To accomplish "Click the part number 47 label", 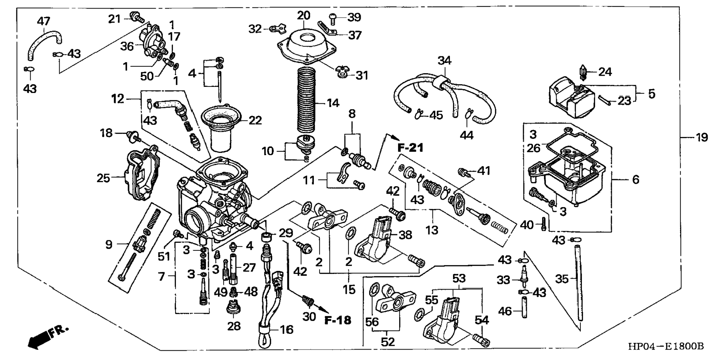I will (x=43, y=21).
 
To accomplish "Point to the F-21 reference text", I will (x=410, y=148).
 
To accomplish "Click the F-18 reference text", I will (x=338, y=320).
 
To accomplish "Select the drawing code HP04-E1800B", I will (x=666, y=347).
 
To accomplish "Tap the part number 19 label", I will (x=702, y=138).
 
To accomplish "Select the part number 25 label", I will (x=103, y=178).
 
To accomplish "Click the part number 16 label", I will (x=286, y=329).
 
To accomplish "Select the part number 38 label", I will (x=405, y=235).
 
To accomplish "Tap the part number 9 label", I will (x=108, y=245).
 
